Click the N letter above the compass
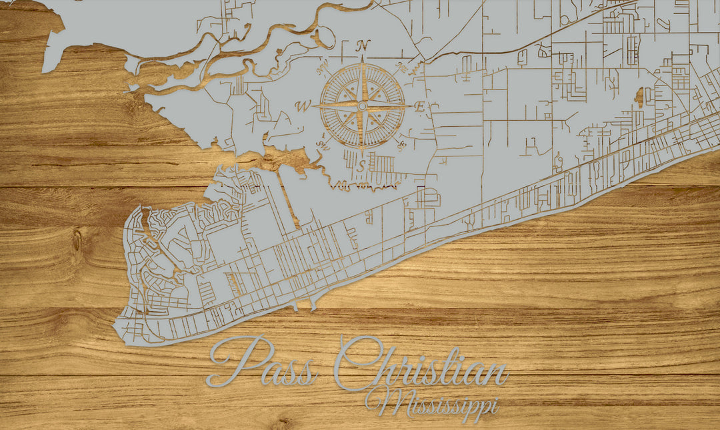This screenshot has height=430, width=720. [x=363, y=46]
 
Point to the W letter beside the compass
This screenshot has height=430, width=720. [x=303, y=105]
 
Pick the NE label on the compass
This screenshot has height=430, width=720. [x=401, y=66]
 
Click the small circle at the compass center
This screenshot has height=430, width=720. [x=362, y=105]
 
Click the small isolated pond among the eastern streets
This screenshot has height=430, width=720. [x=639, y=97]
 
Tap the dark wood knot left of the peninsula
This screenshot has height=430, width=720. [x=77, y=240]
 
